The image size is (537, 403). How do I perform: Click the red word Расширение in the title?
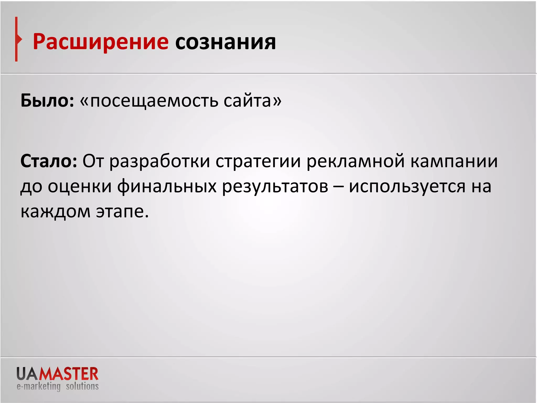pos(100,42)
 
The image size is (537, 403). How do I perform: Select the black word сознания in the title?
pos(225,42)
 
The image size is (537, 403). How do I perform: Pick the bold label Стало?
pos(49,161)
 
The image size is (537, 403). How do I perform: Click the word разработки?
pos(160,162)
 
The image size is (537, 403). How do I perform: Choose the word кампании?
pos(454,162)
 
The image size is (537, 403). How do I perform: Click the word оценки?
pos(80,186)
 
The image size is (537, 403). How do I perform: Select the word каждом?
pos(55,211)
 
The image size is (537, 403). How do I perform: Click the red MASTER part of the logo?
pos(69,374)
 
